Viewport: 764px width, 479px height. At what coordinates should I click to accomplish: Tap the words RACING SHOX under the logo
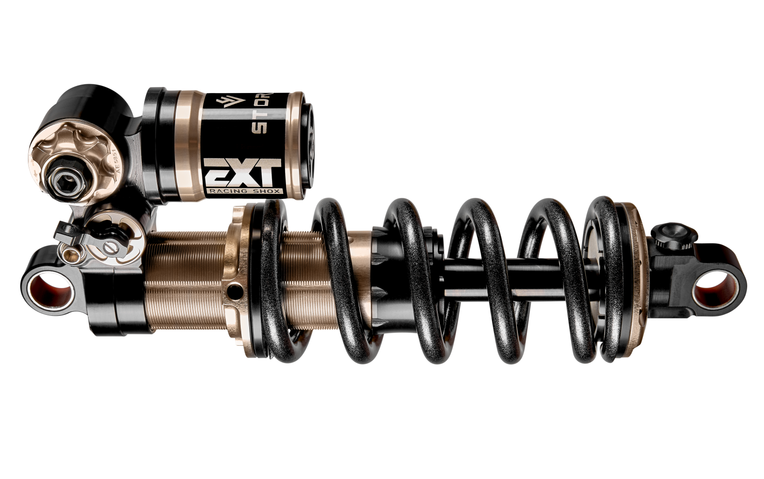pos(244,192)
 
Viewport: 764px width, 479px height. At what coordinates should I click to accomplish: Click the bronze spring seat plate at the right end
pos(637,279)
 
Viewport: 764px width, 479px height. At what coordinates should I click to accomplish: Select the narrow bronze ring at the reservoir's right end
pos(297,144)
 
